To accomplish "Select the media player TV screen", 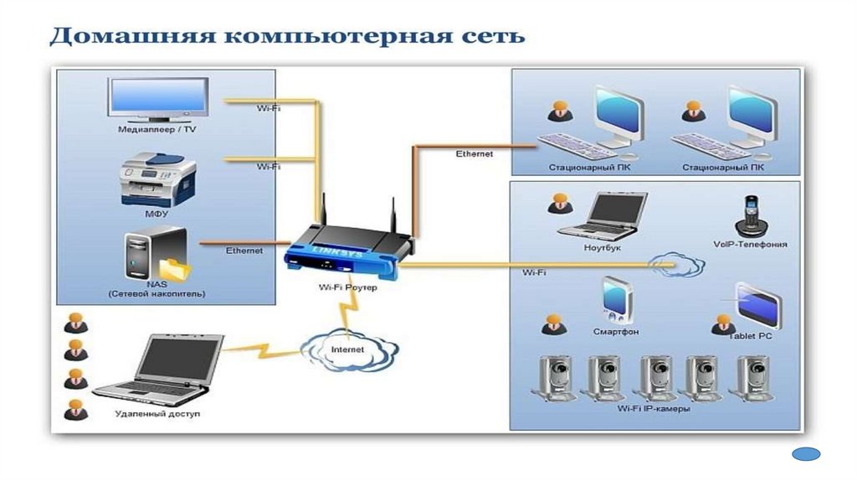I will [158, 98].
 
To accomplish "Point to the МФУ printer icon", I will [157, 180].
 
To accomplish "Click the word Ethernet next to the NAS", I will [244, 250].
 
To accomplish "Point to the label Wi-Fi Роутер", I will [348, 287].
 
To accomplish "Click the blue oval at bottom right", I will [806, 453].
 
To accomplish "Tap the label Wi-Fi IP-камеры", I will [654, 408].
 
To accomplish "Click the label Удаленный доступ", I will [158, 414].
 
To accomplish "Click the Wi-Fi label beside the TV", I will [268, 107].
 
